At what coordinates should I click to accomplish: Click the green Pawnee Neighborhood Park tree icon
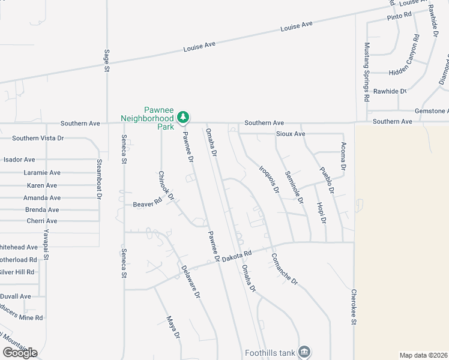click(185, 116)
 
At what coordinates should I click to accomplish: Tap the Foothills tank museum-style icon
click(304, 351)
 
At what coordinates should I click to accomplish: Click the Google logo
click(19, 352)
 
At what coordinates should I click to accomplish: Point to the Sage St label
click(107, 61)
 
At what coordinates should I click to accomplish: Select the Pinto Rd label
click(399, 15)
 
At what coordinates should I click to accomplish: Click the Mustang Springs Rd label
click(367, 71)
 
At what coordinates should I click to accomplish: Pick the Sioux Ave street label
click(291, 134)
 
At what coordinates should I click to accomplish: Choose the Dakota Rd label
click(235, 256)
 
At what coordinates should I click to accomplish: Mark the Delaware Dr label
click(190, 283)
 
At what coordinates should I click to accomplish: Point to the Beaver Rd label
click(148, 204)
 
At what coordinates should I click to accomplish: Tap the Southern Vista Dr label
click(38, 138)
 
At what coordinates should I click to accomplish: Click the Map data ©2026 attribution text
click(423, 355)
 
